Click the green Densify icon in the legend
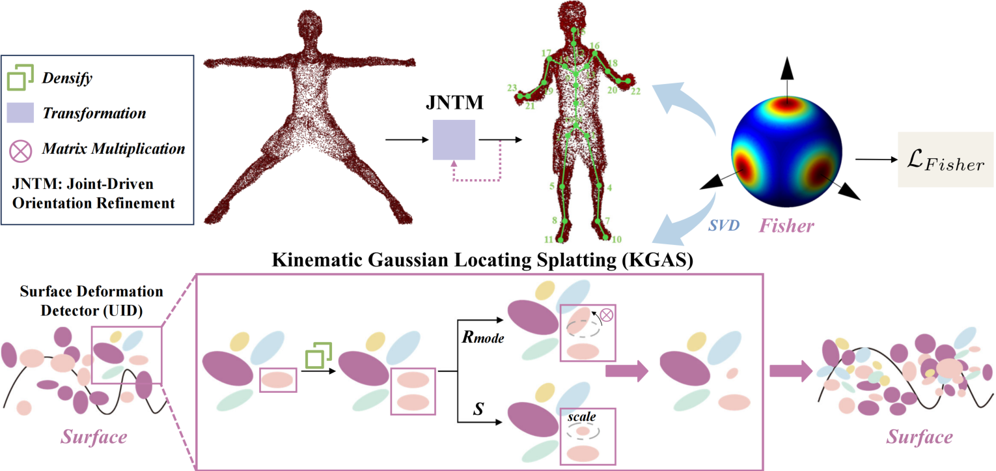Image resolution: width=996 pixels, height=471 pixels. [20, 79]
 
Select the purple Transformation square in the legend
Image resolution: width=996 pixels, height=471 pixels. [20, 113]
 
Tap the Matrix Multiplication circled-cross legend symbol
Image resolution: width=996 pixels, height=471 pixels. [20, 149]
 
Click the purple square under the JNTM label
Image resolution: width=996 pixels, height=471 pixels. [454, 139]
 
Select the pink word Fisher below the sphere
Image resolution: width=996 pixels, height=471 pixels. [786, 226]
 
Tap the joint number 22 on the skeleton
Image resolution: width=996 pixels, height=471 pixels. [635, 92]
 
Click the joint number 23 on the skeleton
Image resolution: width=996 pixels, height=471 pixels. [512, 88]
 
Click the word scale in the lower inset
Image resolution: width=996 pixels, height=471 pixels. [581, 415]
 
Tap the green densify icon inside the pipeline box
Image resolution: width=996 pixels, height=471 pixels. [318, 355]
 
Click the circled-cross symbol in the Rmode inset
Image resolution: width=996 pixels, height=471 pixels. [607, 315]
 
